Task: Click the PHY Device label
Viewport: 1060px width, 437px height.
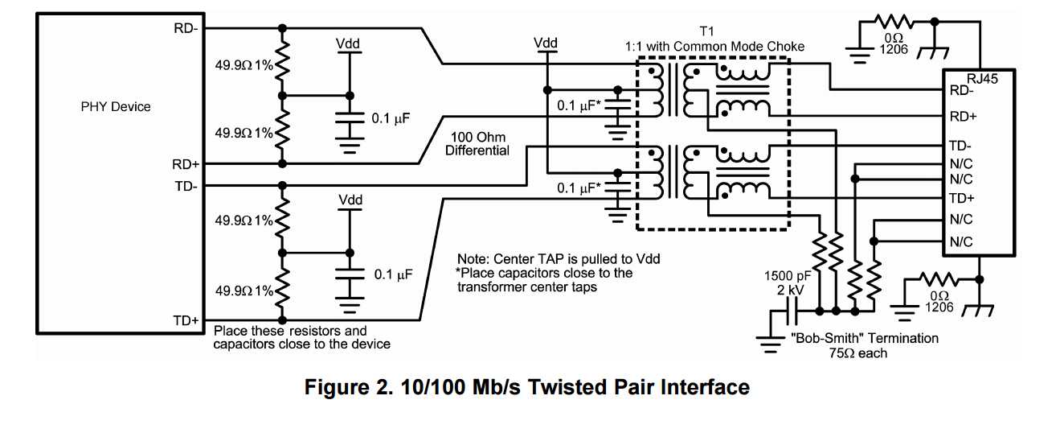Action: tap(116, 106)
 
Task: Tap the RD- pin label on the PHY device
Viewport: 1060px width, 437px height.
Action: tap(186, 27)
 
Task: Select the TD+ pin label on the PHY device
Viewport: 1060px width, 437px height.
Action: tap(186, 320)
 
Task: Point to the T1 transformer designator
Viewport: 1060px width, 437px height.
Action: tap(707, 31)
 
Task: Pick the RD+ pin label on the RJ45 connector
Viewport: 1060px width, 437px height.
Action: tap(963, 117)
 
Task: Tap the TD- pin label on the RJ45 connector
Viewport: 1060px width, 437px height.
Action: tap(962, 146)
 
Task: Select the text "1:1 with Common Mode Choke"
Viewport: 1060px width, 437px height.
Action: tap(714, 46)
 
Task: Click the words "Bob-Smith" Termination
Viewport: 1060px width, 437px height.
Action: tap(865, 338)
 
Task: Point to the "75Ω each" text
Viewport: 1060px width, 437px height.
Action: tap(858, 352)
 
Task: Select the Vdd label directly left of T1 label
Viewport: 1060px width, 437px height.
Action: tap(546, 43)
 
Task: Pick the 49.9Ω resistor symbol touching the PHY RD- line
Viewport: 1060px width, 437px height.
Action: tap(281, 63)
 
